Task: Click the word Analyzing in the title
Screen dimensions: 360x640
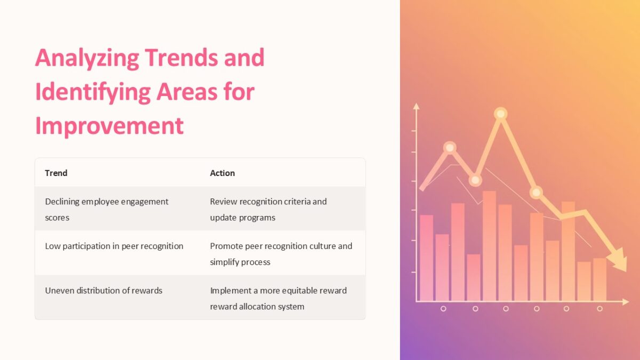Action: pyautogui.click(x=87, y=58)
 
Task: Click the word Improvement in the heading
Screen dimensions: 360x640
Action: pyautogui.click(x=109, y=126)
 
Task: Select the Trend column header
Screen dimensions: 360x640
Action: pyautogui.click(x=56, y=173)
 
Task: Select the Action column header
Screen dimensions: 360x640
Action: pyautogui.click(x=222, y=173)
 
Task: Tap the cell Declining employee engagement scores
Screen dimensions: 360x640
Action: pyautogui.click(x=107, y=209)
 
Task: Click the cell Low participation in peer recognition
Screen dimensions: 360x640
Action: pyautogui.click(x=114, y=246)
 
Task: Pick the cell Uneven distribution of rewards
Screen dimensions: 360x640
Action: pyautogui.click(x=103, y=291)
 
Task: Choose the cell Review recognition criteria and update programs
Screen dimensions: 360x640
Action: pyautogui.click(x=268, y=209)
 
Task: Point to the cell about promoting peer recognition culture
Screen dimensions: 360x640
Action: pyautogui.click(x=281, y=254)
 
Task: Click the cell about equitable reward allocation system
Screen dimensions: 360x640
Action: pyautogui.click(x=278, y=298)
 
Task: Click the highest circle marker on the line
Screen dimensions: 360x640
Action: pyautogui.click(x=500, y=114)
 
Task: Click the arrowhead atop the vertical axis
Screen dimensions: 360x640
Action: pyautogui.click(x=417, y=106)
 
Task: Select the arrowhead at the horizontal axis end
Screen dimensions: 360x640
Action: pyautogui.click(x=625, y=302)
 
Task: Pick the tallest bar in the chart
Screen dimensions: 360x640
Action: pyautogui.click(x=489, y=245)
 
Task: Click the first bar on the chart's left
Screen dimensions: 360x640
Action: pyautogui.click(x=426, y=258)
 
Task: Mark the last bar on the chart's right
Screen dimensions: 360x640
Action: pyautogui.click(x=599, y=279)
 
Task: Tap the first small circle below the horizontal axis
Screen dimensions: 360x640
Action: pyautogui.click(x=443, y=309)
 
